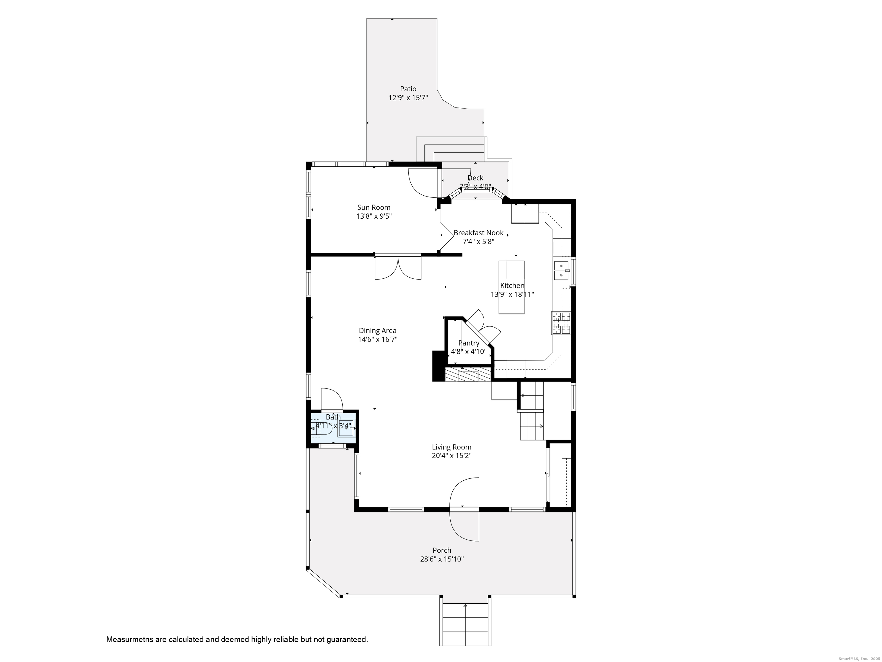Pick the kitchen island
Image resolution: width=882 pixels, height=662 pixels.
coord(512,287)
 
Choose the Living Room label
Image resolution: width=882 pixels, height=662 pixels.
coord(452,447)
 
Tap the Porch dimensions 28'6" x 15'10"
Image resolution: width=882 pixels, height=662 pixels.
coord(442,559)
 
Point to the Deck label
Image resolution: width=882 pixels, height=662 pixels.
coord(475,178)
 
